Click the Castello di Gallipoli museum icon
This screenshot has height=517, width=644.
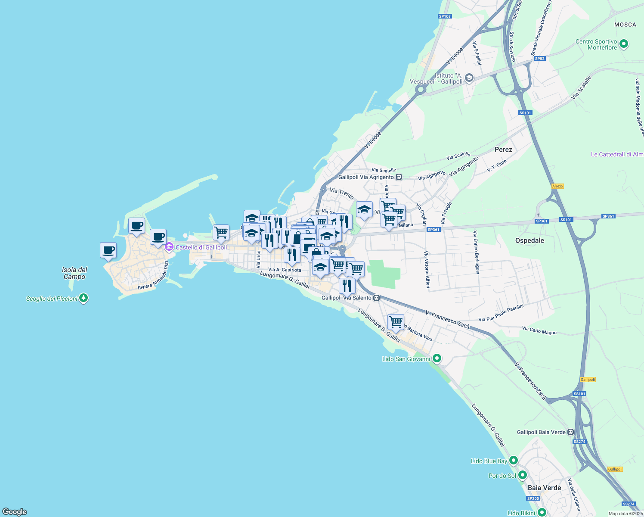[x=169, y=247]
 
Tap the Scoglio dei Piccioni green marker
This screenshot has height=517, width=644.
[x=84, y=298]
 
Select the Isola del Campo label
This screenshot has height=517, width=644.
[x=74, y=273]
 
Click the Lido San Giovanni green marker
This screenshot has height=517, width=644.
[x=437, y=358]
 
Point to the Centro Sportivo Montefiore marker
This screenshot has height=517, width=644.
[x=624, y=44]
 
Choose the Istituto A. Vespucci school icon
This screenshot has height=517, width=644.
[x=469, y=78]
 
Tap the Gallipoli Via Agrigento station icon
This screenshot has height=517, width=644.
[x=399, y=177]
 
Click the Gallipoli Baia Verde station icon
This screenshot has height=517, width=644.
[x=570, y=432]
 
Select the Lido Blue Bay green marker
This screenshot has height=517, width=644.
[x=513, y=461]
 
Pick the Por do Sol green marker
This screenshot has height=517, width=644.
[x=522, y=475]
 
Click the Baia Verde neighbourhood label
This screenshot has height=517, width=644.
[x=544, y=488]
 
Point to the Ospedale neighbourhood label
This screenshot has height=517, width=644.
[x=529, y=240]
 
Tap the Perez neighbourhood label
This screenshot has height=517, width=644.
[x=503, y=149]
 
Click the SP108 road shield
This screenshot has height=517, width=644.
[x=445, y=16]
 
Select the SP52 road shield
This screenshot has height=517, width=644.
[x=539, y=59]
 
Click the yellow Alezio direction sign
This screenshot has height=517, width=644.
[x=557, y=186]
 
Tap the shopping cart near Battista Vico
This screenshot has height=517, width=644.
[x=396, y=321]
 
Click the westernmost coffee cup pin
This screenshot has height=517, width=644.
[x=108, y=250]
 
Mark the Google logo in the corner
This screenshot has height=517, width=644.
[x=14, y=511]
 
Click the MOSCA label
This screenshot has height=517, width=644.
[x=625, y=25]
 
